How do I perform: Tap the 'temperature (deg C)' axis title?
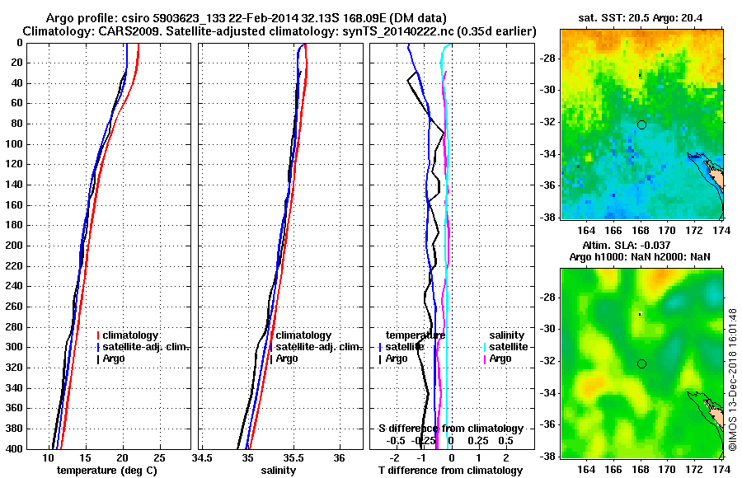[106, 471]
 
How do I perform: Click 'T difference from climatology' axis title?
[450, 471]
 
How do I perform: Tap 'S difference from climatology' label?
[450, 429]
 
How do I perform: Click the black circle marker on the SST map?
[641, 125]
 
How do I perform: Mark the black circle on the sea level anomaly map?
[641, 363]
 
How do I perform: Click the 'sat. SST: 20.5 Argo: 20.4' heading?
[641, 17]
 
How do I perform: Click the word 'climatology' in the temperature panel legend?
[132, 335]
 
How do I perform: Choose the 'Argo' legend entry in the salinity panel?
[287, 358]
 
